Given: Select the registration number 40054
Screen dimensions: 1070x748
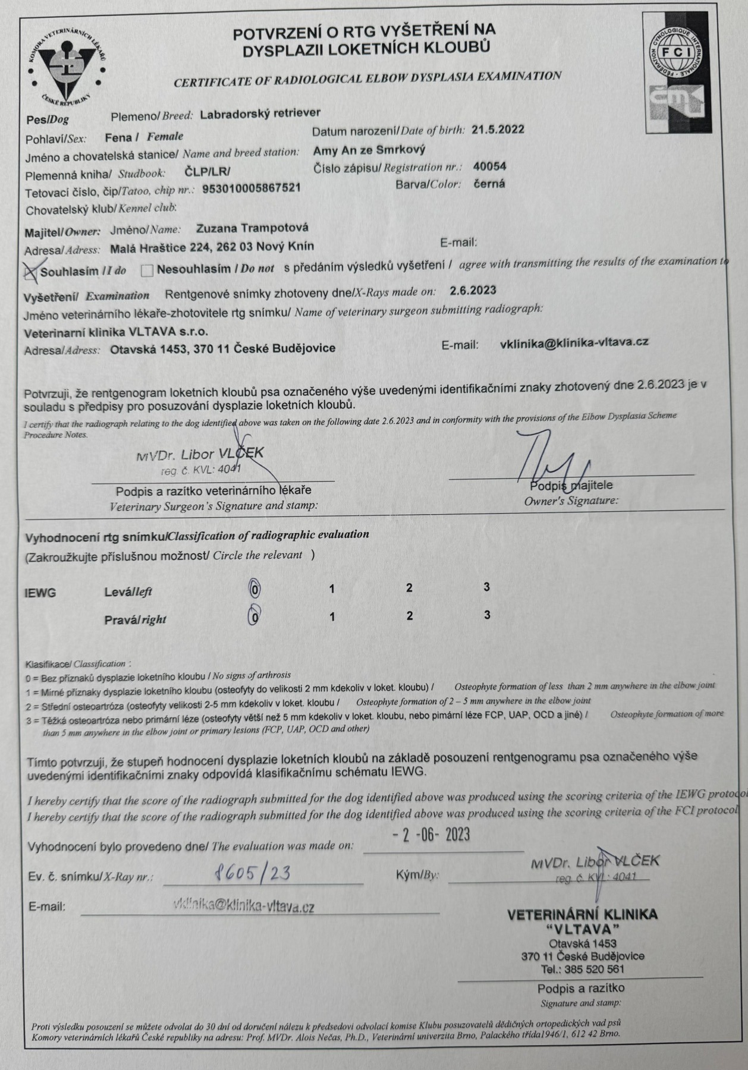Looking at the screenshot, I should coord(490,166).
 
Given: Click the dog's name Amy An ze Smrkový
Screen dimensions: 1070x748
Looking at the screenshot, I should coord(369,150).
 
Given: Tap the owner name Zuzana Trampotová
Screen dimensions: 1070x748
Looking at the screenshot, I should coord(252,228).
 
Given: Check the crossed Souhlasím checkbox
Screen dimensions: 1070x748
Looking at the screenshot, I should coord(30,271).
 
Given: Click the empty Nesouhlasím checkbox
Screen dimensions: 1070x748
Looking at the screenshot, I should coord(147,270).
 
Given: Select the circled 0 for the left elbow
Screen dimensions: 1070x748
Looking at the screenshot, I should coord(254,588).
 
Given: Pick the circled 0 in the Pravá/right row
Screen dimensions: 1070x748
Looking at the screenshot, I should coord(254,616).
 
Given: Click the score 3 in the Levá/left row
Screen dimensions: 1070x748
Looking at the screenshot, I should coord(487,587).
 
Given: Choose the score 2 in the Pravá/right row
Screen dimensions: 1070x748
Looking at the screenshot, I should coord(410,616).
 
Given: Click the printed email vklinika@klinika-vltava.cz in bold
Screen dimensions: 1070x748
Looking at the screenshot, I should coord(574,342).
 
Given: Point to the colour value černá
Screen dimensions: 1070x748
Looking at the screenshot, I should coord(489,184).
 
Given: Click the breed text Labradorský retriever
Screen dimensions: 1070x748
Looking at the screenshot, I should coord(260,113).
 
